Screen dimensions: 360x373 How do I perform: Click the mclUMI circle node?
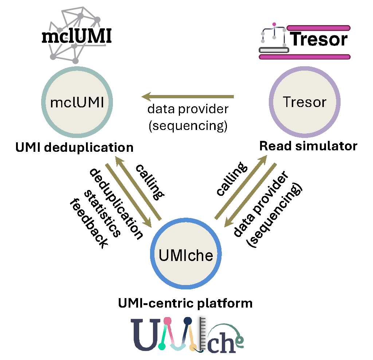coord(77,103)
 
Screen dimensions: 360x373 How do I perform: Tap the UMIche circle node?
coord(186,254)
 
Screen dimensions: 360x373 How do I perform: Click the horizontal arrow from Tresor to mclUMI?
coord(188,97)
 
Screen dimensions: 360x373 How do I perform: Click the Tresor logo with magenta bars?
coord(305,41)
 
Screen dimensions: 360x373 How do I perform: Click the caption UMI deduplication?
coord(74,147)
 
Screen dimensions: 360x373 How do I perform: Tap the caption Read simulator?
coord(308,146)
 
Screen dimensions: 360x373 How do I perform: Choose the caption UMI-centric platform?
coord(185,303)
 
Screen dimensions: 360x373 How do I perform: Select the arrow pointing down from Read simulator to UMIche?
coord(251,195)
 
